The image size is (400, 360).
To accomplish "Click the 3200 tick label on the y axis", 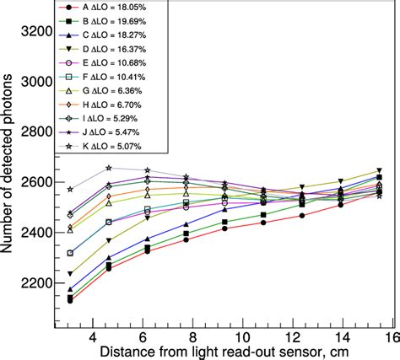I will [x=36, y=32].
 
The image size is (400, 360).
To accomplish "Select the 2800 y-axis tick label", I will [x=36, y=132].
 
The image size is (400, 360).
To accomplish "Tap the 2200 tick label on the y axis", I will [x=36, y=282].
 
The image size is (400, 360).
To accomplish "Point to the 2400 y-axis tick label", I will [x=36, y=232].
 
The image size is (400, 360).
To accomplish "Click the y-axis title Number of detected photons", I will [x=9, y=173].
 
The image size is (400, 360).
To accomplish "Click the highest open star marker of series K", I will [x=109, y=168].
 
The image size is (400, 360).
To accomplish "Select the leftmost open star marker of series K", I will [x=70, y=190].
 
